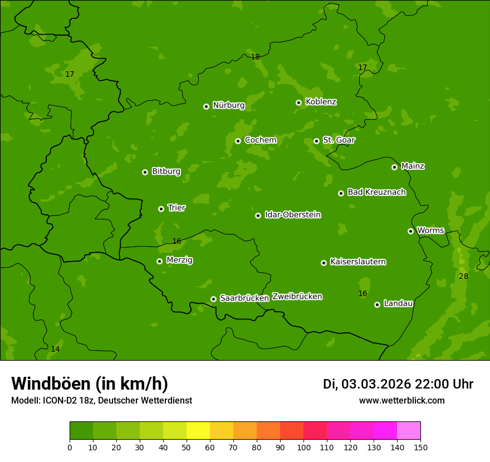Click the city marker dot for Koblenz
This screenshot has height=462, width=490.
pyautogui.click(x=299, y=102)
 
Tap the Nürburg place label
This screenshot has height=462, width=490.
pyautogui.click(x=228, y=105)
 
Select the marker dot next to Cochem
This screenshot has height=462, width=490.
pyautogui.click(x=238, y=141)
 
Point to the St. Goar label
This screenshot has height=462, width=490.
pyautogui.click(x=339, y=140)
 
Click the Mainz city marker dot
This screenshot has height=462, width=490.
pyautogui.click(x=394, y=167)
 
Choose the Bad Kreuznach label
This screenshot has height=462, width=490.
pyautogui.click(x=376, y=192)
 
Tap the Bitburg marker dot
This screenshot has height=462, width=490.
pyautogui.click(x=145, y=172)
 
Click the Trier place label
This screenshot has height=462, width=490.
pyautogui.click(x=177, y=208)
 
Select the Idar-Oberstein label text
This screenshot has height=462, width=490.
pyautogui.click(x=292, y=214)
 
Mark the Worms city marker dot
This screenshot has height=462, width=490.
pyautogui.click(x=410, y=231)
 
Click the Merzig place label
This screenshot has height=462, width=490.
pyautogui.click(x=179, y=260)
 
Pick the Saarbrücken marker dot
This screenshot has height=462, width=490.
pyautogui.click(x=213, y=299)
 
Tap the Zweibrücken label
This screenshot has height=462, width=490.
pyautogui.click(x=297, y=296)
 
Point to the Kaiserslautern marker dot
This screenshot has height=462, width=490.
pyautogui.click(x=324, y=263)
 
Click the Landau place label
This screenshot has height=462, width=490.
pyautogui.click(x=398, y=303)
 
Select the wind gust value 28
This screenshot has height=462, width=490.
pyautogui.click(x=463, y=277)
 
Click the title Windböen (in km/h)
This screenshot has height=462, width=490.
pyautogui.click(x=90, y=384)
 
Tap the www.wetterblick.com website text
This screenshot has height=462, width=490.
pyautogui.click(x=401, y=400)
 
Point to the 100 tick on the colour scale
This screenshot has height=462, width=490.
pyautogui.click(x=303, y=447)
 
